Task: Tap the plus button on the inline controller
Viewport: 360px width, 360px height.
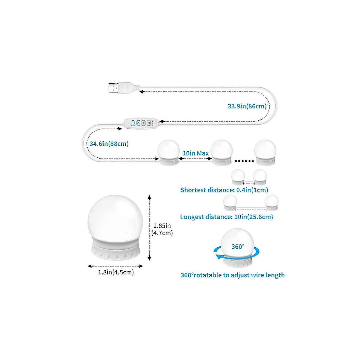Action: (133, 123)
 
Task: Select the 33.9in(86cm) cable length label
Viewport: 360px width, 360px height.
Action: (247, 106)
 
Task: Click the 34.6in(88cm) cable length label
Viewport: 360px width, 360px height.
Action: (109, 144)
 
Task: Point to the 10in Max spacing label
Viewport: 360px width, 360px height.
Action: (196, 153)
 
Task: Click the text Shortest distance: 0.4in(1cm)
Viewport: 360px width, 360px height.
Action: (224, 190)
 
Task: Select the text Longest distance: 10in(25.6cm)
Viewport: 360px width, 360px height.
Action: (227, 217)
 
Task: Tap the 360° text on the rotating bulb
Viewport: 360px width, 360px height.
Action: (238, 247)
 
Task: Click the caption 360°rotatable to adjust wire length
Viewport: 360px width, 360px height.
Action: (233, 275)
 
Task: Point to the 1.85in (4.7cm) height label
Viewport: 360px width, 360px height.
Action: (162, 229)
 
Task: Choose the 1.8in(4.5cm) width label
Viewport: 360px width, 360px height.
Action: (116, 272)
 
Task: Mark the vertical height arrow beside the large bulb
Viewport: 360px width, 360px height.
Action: (149, 228)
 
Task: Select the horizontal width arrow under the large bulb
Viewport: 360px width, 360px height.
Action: (115, 266)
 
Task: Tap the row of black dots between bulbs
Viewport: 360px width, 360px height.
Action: (244, 161)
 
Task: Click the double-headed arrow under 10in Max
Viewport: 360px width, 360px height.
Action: (195, 159)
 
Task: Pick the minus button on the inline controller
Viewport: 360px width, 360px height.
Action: (144, 123)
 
